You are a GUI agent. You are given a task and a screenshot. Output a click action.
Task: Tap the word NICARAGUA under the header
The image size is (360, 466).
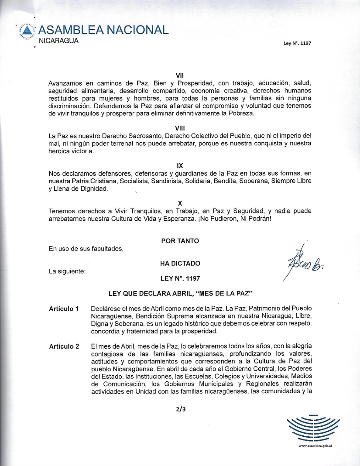coord(58,41)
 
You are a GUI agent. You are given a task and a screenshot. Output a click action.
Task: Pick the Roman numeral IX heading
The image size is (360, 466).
coord(180,166)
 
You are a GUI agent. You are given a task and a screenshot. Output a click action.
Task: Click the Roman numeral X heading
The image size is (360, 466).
coord(180,204)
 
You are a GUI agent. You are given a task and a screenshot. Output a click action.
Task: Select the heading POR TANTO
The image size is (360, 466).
coord(180,241)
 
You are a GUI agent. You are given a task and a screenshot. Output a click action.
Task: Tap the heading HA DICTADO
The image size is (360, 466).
coord(180,263)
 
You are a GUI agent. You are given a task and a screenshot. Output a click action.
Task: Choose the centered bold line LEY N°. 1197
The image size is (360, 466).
coord(180,278)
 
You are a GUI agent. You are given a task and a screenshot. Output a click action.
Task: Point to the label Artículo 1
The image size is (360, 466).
coord(64,309)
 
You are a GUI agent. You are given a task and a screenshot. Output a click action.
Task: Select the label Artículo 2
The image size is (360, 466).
coord(64,346)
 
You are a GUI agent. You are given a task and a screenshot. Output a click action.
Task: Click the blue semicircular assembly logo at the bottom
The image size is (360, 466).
coord(313,429)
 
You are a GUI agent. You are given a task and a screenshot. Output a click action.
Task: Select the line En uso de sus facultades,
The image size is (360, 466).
coord(86,249)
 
